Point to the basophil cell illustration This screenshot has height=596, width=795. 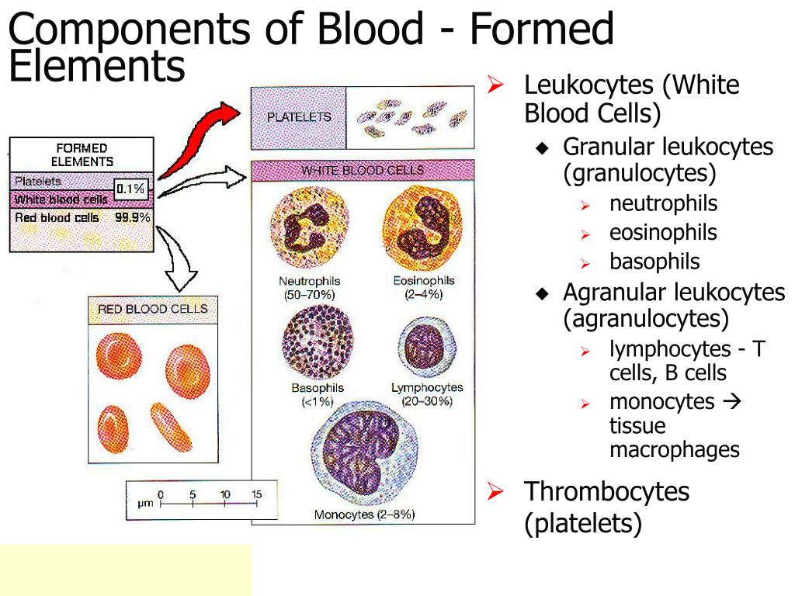318,343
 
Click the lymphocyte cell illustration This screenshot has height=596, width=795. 427,348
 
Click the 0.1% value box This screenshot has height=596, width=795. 131,189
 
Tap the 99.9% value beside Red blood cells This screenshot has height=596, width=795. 132,217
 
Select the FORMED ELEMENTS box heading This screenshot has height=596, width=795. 82,154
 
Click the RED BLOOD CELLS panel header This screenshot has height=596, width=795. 153,309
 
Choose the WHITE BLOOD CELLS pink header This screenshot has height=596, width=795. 363,170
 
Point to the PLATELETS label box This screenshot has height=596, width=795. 299,117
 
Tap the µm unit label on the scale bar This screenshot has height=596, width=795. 145,504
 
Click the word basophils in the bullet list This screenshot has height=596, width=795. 654,262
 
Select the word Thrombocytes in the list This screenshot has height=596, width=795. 606,491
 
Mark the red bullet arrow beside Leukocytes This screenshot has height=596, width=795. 495,84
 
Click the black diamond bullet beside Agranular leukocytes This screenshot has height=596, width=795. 543,293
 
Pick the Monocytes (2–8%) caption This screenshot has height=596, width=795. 365,515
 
